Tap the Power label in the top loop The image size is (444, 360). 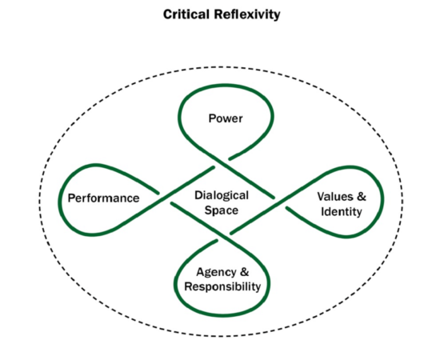(226, 118)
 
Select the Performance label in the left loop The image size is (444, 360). (103, 198)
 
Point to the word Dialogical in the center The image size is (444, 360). (222, 194)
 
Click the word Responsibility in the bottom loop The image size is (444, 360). (223, 286)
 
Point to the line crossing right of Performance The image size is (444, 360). (166, 194)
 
